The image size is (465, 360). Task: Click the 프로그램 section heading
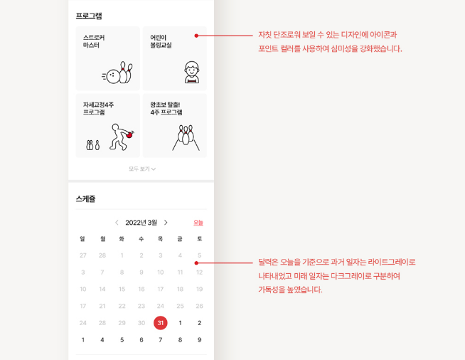point(89,16)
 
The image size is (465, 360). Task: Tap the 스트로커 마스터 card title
point(94,41)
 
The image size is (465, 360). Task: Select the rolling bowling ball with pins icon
point(117,73)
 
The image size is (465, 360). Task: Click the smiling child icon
point(192,72)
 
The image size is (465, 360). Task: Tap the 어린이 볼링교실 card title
point(161,41)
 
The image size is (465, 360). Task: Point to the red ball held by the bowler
point(129,135)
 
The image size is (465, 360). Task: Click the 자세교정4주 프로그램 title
point(98,108)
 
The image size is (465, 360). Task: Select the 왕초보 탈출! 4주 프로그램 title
point(166,108)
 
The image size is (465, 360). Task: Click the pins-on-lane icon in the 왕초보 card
point(186,137)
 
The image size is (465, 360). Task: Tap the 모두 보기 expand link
point(142,169)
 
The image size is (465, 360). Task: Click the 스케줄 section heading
point(86,198)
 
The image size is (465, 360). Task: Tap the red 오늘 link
point(198,223)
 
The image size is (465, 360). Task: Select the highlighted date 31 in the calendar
point(161,323)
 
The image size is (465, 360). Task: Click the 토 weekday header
point(200,239)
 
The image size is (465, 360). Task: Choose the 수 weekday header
point(141,239)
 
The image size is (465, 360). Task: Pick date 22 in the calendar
point(122,306)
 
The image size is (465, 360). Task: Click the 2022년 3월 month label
point(141,223)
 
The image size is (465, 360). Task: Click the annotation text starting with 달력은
point(336,276)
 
